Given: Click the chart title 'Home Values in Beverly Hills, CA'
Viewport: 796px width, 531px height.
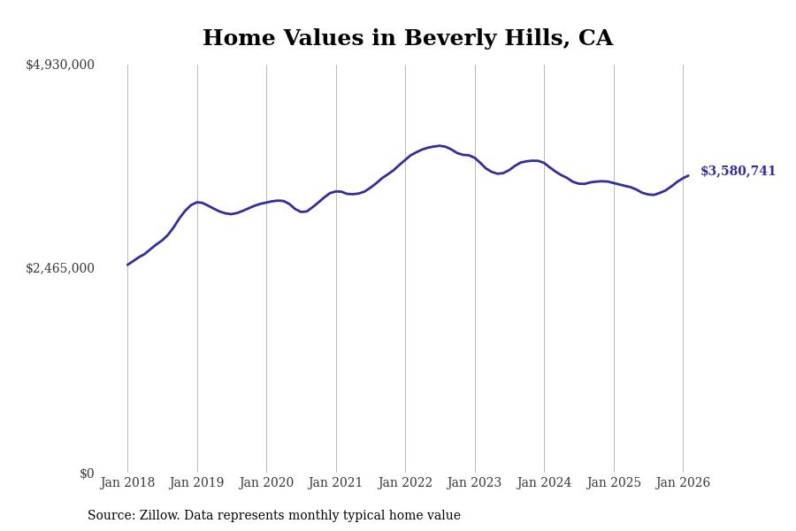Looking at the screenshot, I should pos(407,39).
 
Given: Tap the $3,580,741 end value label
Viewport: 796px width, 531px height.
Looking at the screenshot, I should pos(738,172).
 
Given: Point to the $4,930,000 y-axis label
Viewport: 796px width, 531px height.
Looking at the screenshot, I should pos(60,65).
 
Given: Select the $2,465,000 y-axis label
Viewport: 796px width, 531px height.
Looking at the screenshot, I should pos(60,268).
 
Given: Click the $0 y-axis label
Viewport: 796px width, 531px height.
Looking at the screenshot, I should pos(87,473).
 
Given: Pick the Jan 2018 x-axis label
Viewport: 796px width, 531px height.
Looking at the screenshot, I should pos(127,483).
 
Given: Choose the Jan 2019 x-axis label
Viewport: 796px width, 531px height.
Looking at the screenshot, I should pos(197,483).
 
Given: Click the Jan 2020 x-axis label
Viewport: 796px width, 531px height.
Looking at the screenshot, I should pos(266,483).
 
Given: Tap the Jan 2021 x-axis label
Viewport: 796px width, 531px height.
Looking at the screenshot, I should pos(336,483).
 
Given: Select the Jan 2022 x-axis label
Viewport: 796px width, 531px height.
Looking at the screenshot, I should pos(405,483).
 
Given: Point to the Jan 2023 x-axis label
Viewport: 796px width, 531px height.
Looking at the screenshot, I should pos(475,483).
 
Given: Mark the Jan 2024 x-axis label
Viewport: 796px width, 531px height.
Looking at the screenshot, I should pos(544,483).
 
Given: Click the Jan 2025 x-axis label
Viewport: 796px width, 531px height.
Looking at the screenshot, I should pos(614,483).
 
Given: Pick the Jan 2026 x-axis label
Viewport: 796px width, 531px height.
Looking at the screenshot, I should pos(683,483).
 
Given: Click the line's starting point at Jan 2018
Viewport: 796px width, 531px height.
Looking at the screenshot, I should pos(127,265).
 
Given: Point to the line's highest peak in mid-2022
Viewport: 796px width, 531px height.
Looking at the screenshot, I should pos(440,145).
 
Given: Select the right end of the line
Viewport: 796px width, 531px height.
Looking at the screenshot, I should pos(688,175).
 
